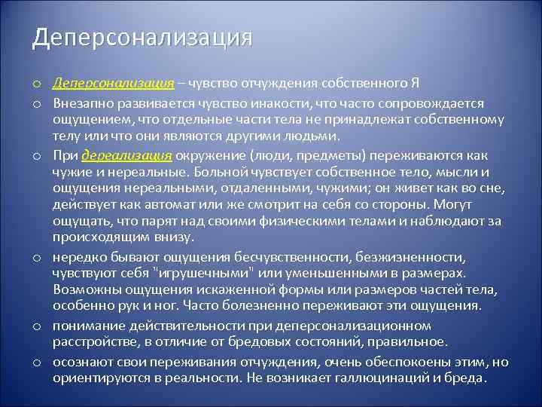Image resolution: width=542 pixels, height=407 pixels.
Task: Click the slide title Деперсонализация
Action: coord(142,37)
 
